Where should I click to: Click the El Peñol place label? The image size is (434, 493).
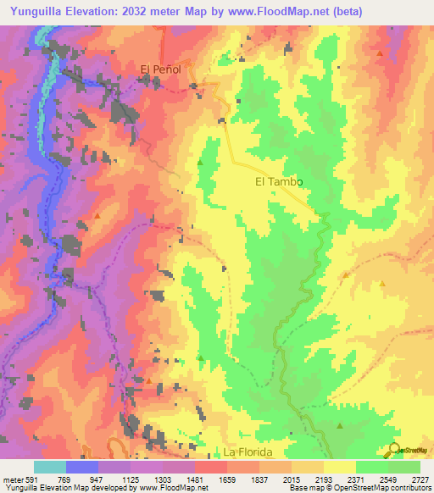(161, 69)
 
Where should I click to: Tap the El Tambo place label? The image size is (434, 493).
(279, 181)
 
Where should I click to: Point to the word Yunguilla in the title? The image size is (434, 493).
(35, 12)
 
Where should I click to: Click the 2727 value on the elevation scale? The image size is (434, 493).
(419, 479)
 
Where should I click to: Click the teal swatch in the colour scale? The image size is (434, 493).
(50, 467)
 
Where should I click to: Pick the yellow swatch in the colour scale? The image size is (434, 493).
(339, 467)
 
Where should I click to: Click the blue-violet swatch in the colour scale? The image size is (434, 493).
(82, 467)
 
